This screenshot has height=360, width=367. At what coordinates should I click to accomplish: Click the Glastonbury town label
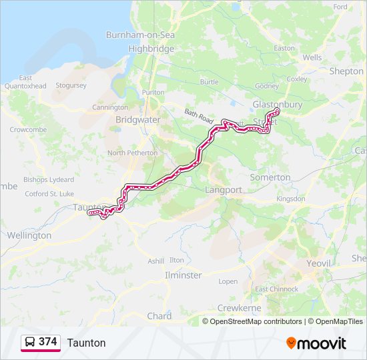tap(277, 105)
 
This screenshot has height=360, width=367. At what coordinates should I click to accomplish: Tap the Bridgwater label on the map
tap(138, 119)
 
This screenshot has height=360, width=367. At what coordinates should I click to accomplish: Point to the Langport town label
tap(224, 190)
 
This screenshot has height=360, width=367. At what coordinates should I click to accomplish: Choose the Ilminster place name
tap(183, 275)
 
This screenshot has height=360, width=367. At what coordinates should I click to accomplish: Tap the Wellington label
tap(29, 235)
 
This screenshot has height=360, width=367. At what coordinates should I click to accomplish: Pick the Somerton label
tap(270, 177)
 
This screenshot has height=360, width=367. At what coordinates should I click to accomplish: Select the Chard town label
tap(159, 316)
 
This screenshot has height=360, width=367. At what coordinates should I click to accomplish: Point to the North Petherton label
tap(133, 153)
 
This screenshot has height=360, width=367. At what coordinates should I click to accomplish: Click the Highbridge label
tap(151, 49)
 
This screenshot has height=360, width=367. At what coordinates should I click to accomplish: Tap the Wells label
tap(312, 58)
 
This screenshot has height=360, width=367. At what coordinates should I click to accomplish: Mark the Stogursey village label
tap(71, 85)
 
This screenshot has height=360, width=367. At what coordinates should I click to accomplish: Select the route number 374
tap(47, 342)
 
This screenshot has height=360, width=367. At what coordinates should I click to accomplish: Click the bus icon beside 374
tap(30, 342)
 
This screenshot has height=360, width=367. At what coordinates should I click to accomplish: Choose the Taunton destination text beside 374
tap(86, 343)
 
